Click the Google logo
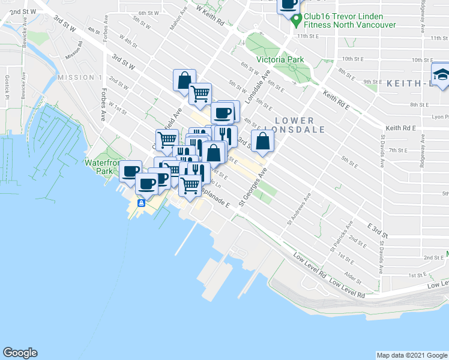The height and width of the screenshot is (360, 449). (x=20, y=353)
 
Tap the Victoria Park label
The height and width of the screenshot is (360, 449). (x=280, y=59)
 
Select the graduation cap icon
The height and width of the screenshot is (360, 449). (x=441, y=76)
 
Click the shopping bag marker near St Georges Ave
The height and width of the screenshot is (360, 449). (x=263, y=141)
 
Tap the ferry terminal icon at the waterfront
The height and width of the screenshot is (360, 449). (x=140, y=203)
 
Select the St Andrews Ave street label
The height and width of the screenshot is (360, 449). (x=298, y=209)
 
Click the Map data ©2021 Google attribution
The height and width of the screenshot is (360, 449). (x=411, y=355)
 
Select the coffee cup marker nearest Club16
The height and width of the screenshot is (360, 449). (x=288, y=5)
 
